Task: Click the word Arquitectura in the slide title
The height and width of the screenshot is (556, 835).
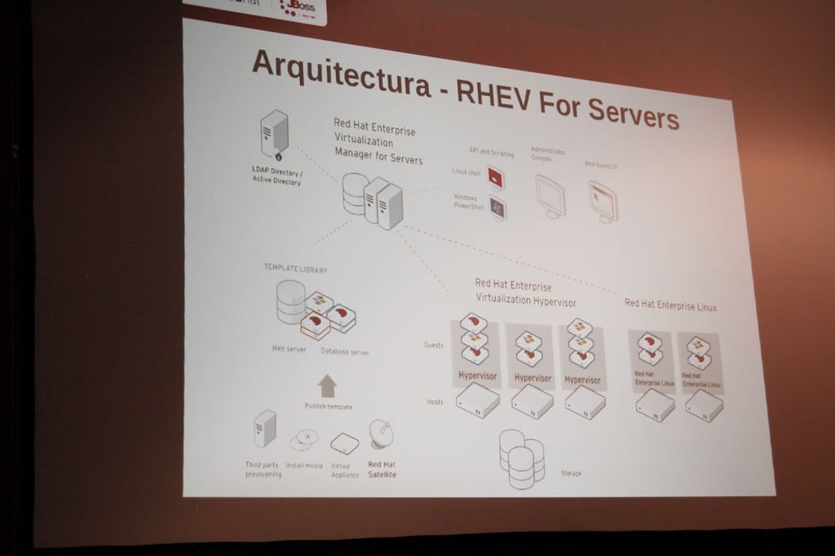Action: pyautogui.click(x=341, y=73)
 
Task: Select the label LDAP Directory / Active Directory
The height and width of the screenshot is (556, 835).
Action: pyautogui.click(x=276, y=177)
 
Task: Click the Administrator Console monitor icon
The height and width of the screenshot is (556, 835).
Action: pyautogui.click(x=550, y=196)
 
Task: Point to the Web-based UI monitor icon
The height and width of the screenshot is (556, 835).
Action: pyautogui.click(x=603, y=201)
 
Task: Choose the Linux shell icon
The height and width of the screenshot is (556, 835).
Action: pyautogui.click(x=495, y=176)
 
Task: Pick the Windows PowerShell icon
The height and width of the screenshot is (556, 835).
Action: pyautogui.click(x=497, y=207)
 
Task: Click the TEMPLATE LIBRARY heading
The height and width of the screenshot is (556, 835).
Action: pyautogui.click(x=295, y=268)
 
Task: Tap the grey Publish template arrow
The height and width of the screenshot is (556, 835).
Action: pyautogui.click(x=327, y=385)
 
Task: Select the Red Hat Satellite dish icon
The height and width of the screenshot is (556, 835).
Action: pyautogui.click(x=381, y=434)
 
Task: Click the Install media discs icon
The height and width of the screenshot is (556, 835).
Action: pyautogui.click(x=303, y=439)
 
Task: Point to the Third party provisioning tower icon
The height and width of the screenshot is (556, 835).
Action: pyautogui.click(x=265, y=429)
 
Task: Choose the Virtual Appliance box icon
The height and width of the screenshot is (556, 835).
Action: pyautogui.click(x=344, y=443)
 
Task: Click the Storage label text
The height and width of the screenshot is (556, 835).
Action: pyautogui.click(x=571, y=473)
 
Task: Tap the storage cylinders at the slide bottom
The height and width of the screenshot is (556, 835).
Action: pyautogui.click(x=521, y=458)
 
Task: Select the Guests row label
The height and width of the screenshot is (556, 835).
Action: pyautogui.click(x=434, y=345)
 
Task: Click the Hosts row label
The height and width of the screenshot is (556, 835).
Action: pyautogui.click(x=435, y=402)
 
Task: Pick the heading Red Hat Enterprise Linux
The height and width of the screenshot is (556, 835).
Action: pyautogui.click(x=670, y=305)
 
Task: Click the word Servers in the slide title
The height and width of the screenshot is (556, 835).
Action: pyautogui.click(x=633, y=113)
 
